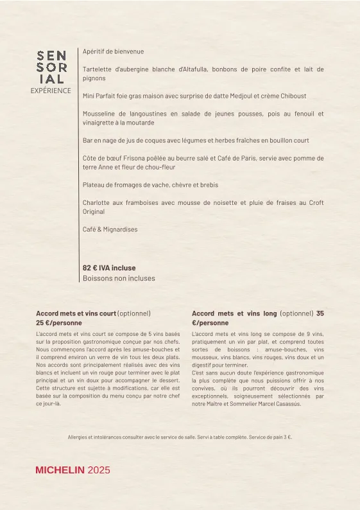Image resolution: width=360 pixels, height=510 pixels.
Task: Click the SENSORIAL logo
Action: (51, 67)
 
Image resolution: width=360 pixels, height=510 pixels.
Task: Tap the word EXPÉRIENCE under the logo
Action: (51, 91)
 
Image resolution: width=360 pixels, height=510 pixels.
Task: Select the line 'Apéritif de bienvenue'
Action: (114, 51)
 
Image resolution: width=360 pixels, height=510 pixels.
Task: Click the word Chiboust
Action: (292, 96)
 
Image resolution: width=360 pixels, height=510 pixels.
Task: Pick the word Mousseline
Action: (100, 114)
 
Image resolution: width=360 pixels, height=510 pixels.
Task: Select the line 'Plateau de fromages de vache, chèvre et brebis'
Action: (150, 185)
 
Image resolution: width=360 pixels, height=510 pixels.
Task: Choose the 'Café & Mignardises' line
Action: (110, 229)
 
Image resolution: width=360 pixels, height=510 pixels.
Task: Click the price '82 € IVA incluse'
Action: (109, 268)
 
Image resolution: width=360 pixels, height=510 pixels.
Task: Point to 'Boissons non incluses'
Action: (119, 278)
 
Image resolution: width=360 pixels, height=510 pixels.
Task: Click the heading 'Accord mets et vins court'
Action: (76, 313)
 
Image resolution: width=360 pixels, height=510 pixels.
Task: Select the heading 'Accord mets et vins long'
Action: (234, 313)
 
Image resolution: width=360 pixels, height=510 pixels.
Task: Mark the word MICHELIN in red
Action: (60, 470)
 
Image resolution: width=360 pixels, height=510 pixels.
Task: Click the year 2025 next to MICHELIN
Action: (99, 470)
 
